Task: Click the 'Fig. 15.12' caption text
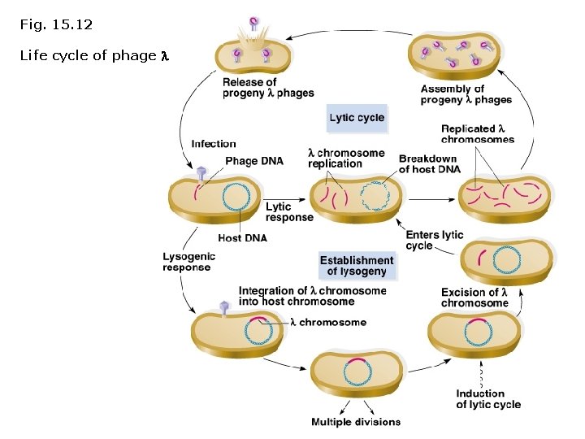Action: point(56,25)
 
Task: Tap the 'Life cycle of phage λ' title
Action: point(93,56)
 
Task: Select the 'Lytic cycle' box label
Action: point(357,118)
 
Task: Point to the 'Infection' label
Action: point(214,144)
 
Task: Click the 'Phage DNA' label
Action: point(253,161)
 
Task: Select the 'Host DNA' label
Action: point(242,238)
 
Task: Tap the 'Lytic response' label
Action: point(288,212)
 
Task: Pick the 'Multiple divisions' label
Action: point(355,422)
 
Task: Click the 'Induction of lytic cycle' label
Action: point(487,399)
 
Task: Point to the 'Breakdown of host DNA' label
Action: point(427,163)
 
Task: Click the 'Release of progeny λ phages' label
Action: point(267,88)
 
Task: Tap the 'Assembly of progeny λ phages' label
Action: point(466,94)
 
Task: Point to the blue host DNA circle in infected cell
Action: point(236,197)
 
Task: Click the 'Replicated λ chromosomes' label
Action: point(477,133)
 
